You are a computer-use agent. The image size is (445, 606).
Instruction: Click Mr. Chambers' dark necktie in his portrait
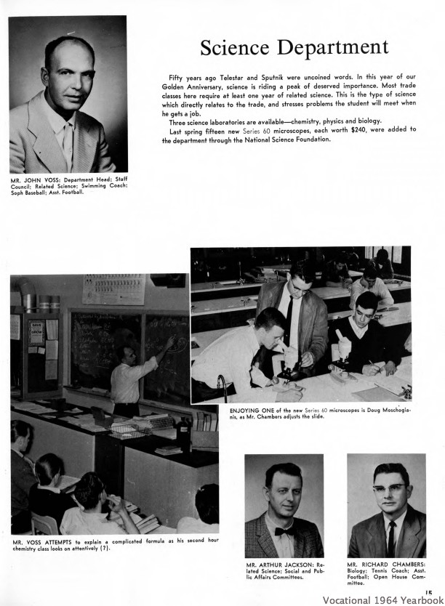coord(391,534)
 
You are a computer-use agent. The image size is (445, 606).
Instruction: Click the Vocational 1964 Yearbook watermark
coord(382,600)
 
